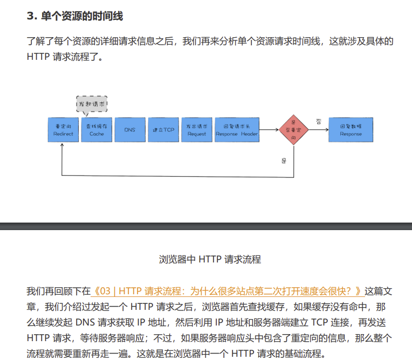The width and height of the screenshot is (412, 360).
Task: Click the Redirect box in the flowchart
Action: [x=63, y=130]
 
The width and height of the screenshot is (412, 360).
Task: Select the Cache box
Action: [x=97, y=130]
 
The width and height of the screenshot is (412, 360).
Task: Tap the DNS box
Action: [x=130, y=130]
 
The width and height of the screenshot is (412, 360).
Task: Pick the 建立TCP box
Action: [x=163, y=130]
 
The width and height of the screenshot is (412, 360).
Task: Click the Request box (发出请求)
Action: [x=196, y=130]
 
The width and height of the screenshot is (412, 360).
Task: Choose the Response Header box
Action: [x=237, y=130]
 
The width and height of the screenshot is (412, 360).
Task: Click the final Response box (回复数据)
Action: [x=351, y=130]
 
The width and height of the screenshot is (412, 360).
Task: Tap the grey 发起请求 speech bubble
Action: [x=92, y=104]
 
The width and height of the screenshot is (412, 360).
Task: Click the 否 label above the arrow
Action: [x=319, y=122]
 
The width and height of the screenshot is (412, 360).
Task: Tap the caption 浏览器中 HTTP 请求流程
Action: [x=210, y=259]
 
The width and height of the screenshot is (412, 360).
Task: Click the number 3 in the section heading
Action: [x=30, y=16]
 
